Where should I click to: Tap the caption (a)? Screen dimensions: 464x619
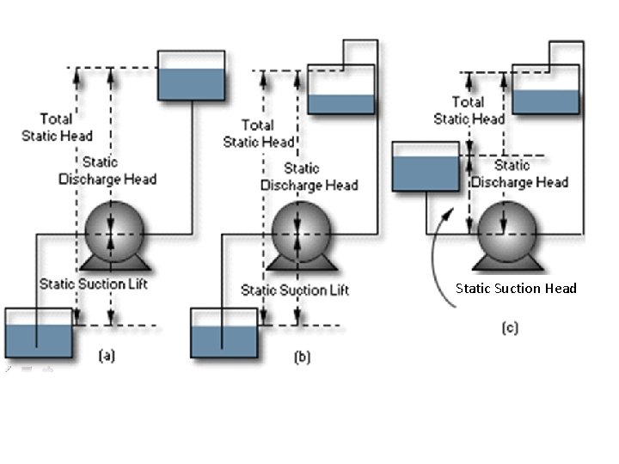tap(107, 353)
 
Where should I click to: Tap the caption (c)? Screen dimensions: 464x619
tap(510, 327)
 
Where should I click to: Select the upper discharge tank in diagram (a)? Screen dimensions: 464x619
tap(191, 76)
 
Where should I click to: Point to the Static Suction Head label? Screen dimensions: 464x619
tap(516, 288)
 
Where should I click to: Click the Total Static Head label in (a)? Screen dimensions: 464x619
tap(66, 127)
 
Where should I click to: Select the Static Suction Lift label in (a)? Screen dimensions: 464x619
tap(93, 284)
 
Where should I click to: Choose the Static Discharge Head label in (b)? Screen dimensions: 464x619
tap(309, 177)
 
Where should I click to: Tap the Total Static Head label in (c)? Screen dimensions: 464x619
tap(469, 111)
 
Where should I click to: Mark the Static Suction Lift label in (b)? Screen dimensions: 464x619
tap(284, 290)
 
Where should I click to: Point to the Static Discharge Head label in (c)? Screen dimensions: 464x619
tap(518, 174)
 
